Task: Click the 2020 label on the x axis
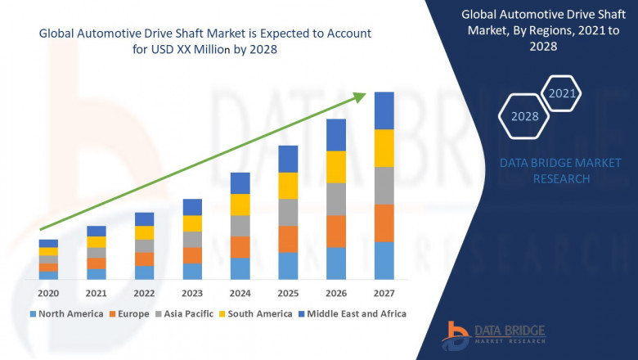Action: point(48,293)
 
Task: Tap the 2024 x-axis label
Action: point(240,293)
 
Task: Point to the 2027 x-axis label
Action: point(384,293)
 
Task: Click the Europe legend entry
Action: point(133,313)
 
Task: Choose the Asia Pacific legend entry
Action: point(187,313)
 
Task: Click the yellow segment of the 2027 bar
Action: point(384,148)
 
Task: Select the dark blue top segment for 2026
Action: point(336,135)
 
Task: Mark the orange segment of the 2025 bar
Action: point(288,239)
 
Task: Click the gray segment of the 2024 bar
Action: point(240,226)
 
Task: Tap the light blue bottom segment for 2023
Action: point(192,272)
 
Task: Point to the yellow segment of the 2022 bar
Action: point(144,232)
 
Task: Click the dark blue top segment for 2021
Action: point(97,231)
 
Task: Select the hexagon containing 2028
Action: point(525,117)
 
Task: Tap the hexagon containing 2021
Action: point(563,94)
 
